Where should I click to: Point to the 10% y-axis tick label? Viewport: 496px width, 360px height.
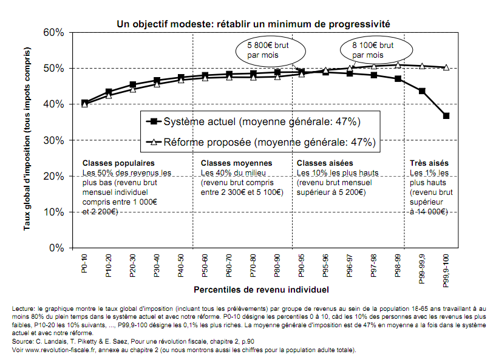tap(53, 212)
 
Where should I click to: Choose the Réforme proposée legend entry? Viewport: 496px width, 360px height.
tap(260, 143)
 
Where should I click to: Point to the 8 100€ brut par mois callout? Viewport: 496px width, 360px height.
tap(373, 50)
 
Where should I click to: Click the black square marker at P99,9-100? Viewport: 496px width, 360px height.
tap(446, 116)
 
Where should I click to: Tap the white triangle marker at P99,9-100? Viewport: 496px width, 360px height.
tap(446, 67)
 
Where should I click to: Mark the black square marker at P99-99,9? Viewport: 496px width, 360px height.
tap(422, 91)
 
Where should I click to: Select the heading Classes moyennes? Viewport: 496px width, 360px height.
tap(237, 163)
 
